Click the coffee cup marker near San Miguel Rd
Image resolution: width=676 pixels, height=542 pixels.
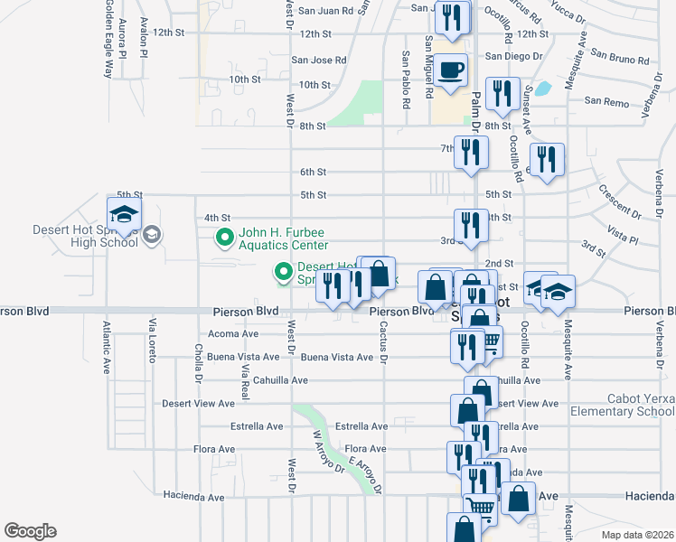click(x=450, y=71)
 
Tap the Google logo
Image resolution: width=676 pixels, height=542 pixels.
click(x=30, y=531)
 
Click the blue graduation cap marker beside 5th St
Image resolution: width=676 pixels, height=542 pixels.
click(x=124, y=214)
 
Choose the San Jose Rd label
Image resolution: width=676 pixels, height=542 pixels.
click(x=318, y=61)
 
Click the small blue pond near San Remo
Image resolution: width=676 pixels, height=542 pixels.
click(x=542, y=89)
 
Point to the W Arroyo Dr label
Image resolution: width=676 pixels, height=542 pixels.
click(x=327, y=451)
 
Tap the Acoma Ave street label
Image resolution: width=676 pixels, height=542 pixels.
click(x=233, y=333)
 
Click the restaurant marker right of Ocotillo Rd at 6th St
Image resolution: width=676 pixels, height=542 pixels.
click(x=547, y=160)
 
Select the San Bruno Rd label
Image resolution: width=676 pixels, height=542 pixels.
click(x=620, y=61)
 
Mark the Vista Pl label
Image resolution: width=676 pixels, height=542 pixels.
click(x=622, y=237)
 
